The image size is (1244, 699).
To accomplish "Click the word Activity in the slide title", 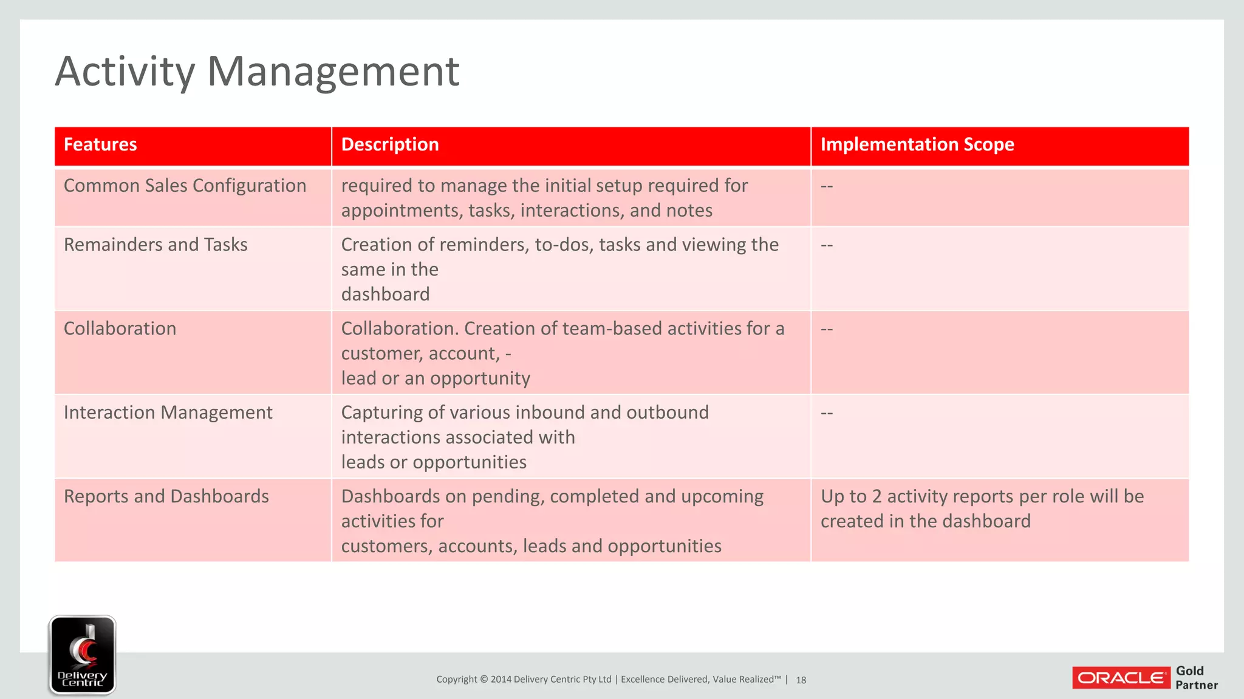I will tap(125, 72).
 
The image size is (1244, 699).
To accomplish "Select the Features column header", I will tap(100, 144).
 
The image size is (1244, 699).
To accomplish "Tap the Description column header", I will tap(389, 144).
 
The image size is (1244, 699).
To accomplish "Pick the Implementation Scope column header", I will tap(917, 144).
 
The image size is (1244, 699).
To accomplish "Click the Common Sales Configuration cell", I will tap(185, 186).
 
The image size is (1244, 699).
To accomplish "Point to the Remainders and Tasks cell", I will tap(155, 245).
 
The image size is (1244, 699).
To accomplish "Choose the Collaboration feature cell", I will tap(120, 328).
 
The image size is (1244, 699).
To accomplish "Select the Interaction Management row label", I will tap(168, 413).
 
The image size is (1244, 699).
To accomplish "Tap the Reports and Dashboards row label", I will tap(166, 496).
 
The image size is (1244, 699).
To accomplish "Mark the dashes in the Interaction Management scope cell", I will tap(827, 413).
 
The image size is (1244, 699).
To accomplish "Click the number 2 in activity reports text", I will tap(876, 496).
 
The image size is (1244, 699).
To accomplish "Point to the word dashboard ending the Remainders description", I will tap(385, 294).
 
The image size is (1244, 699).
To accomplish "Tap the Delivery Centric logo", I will tap(83, 655).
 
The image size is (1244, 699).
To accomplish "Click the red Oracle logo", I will tap(1121, 678).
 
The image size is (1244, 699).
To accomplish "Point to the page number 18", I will tap(801, 680).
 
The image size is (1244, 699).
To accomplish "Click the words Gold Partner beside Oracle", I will tap(1196, 678).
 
